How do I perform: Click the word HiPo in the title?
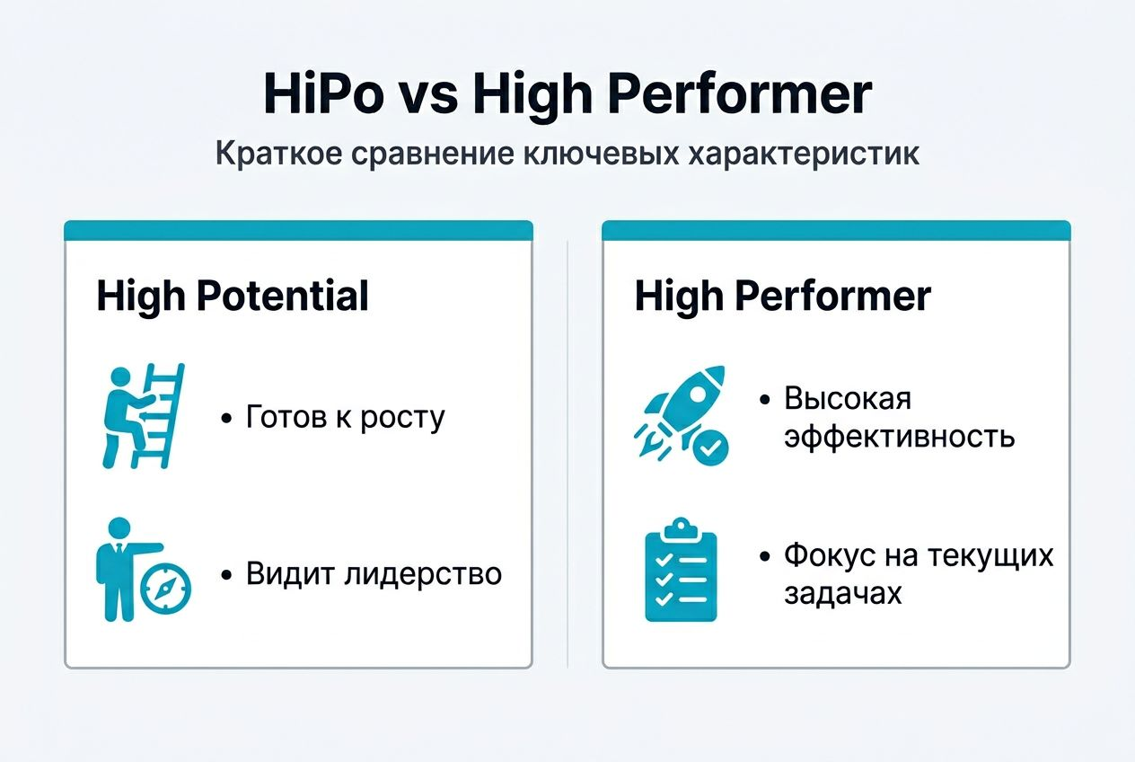tap(321, 93)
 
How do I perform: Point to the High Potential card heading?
tap(233, 297)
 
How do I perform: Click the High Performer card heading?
tap(782, 297)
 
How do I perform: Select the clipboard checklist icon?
tap(681, 570)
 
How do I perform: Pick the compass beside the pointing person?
tap(167, 589)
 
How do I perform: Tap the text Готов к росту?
tap(345, 418)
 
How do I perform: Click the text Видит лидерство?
tap(374, 574)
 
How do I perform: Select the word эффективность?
tap(899, 438)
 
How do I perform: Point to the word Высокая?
tap(848, 398)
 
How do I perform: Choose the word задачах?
tap(842, 594)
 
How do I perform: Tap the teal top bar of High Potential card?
tap(298, 231)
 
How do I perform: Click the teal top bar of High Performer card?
tap(836, 231)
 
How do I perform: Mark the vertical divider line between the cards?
tap(567, 449)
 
